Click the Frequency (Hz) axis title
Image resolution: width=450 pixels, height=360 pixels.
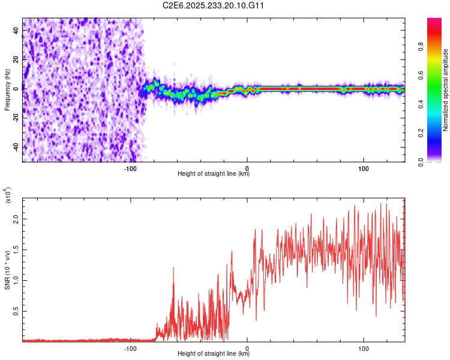tap(8, 90)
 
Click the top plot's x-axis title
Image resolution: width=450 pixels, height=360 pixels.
tap(214, 174)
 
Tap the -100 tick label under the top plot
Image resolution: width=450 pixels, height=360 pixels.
tap(131, 167)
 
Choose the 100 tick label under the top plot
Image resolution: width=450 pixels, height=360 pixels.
tap(363, 167)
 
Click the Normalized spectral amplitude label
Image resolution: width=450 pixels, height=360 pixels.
tap(446, 90)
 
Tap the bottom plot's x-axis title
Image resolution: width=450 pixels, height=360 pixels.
tap(214, 354)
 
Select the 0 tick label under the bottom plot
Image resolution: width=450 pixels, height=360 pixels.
tap(247, 347)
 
